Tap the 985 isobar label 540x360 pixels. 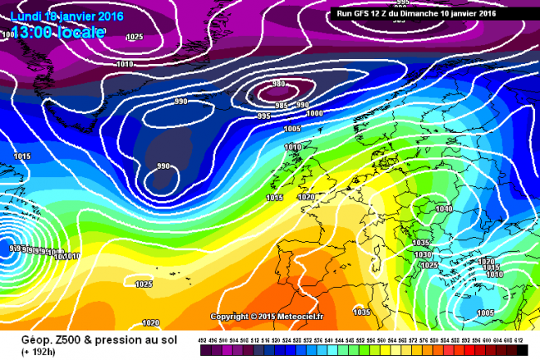point(282,106)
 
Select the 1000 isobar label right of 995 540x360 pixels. point(315,113)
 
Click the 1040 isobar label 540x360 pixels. point(443,210)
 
